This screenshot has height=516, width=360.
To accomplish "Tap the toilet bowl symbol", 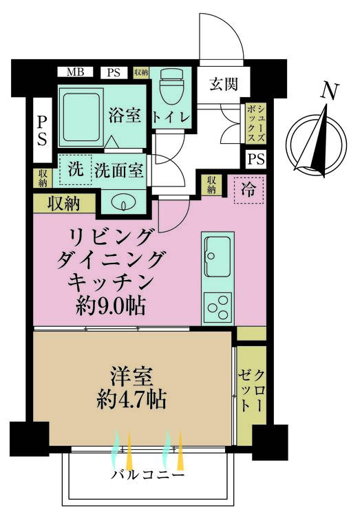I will [x=168, y=90].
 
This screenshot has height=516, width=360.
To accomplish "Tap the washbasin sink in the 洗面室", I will [x=123, y=202].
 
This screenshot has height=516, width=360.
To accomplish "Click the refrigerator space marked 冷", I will [x=247, y=191].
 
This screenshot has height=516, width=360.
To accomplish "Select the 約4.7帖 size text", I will [x=132, y=399].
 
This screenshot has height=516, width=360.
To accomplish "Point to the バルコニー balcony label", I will [x=147, y=475].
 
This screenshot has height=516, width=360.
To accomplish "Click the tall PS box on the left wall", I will [x=42, y=130].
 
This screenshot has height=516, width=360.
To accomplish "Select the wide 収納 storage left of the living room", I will [x=63, y=203].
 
